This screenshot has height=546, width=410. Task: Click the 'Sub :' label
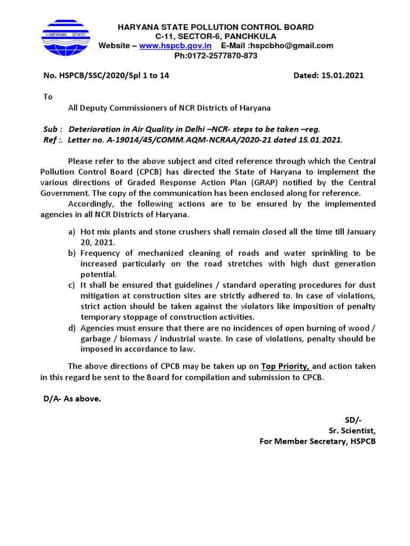coord(52,130)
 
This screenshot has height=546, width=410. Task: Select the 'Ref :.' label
coord(53,140)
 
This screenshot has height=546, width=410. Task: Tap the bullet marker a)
coord(72,232)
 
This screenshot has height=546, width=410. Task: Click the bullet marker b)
coord(72,253)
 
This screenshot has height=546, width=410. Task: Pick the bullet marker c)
coord(72,285)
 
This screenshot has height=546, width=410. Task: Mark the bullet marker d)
coord(72,328)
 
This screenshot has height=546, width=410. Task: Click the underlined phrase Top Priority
coord(286,366)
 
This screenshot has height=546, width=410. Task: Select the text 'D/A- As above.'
coord(72,399)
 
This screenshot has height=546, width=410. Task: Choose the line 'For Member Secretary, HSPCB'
coord(317,441)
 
